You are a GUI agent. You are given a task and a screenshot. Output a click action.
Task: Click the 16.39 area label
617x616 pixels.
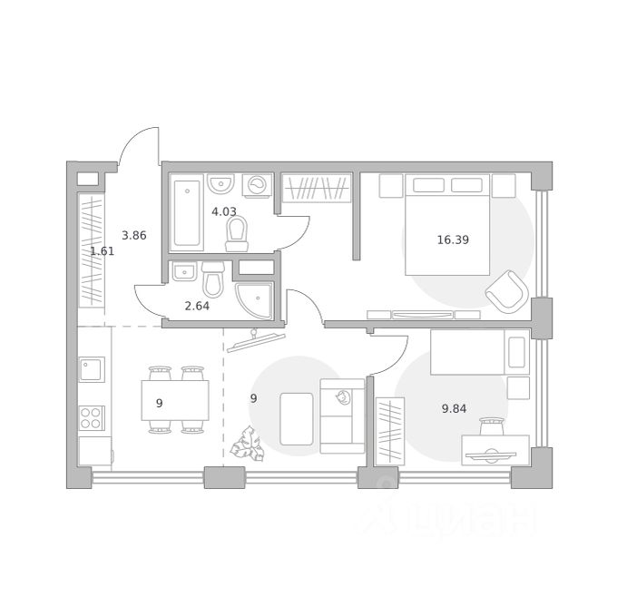(453, 240)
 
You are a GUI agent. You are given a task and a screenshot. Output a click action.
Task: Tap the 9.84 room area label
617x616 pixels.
(454, 408)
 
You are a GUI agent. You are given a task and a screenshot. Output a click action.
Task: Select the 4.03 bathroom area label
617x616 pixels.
(224, 211)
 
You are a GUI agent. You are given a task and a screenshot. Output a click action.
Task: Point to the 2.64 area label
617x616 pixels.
(197, 306)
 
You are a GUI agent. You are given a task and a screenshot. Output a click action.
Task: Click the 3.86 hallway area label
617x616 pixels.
(133, 235)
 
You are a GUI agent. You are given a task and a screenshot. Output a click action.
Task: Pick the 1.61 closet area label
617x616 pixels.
(103, 251)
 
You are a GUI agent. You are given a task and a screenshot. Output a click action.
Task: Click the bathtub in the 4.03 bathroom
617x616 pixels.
(187, 213)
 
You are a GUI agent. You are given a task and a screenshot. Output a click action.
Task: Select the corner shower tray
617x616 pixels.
(254, 300)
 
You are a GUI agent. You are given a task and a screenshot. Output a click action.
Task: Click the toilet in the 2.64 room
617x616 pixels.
(213, 279)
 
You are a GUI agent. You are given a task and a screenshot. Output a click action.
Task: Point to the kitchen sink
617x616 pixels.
(92, 369)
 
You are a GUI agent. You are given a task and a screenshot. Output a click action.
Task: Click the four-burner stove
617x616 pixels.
(92, 418)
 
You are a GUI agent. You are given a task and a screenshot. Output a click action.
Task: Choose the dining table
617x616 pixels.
(175, 400)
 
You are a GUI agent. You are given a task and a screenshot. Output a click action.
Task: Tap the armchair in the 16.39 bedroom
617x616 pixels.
(507, 290)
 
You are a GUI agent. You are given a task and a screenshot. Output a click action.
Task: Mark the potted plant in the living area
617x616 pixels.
(247, 445)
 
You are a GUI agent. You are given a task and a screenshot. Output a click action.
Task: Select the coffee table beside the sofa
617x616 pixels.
(297, 419)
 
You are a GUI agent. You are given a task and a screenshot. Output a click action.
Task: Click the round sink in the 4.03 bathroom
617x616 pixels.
(221, 183)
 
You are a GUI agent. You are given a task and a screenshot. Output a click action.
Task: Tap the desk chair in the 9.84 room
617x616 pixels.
(492, 426)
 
